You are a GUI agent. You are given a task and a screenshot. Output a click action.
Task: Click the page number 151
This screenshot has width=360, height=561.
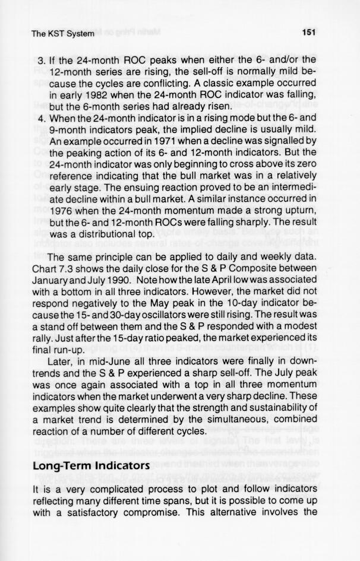(308, 33)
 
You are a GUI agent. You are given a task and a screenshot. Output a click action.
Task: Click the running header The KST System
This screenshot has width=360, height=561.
(62, 34)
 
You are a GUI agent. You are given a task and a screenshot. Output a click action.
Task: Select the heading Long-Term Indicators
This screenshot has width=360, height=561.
(90, 467)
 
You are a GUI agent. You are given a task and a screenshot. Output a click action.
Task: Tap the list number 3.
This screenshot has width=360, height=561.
(40, 60)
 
